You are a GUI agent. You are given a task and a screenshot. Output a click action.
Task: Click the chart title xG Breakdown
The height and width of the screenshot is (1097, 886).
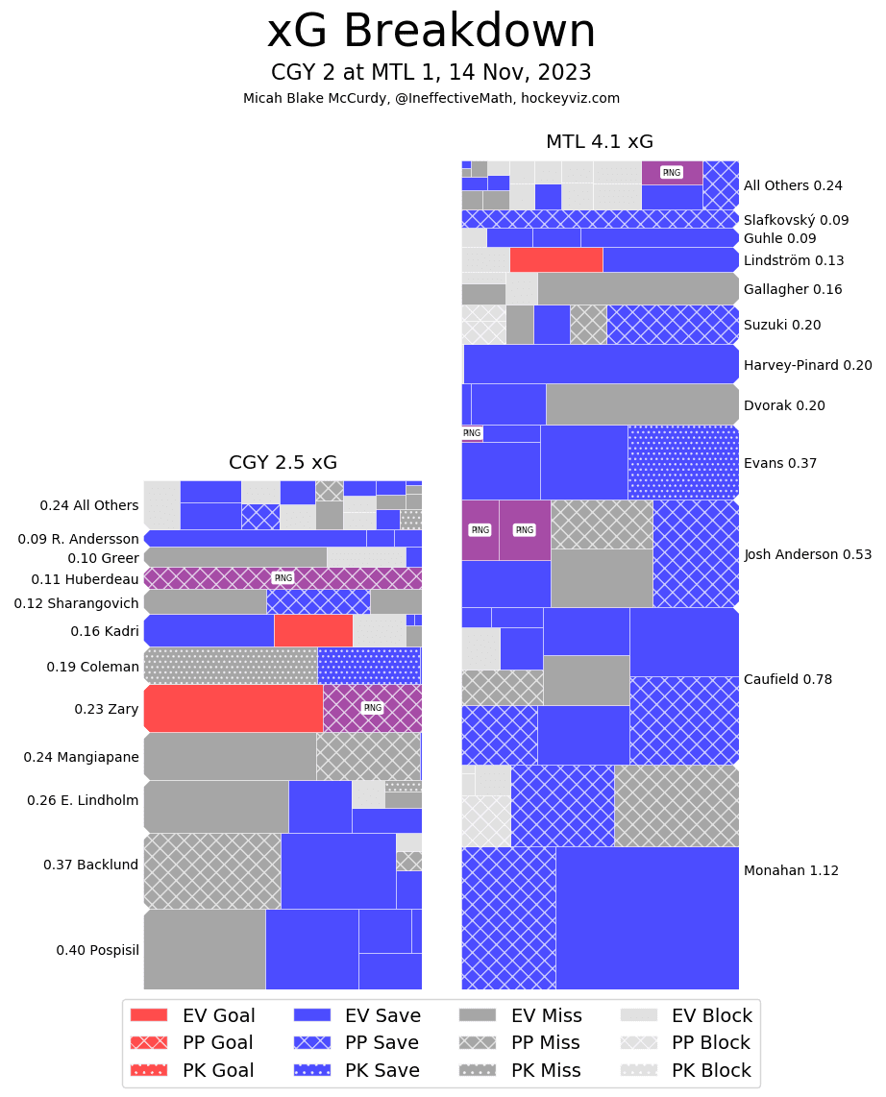[431, 33]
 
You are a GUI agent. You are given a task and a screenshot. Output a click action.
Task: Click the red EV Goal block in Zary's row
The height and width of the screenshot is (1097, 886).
[234, 709]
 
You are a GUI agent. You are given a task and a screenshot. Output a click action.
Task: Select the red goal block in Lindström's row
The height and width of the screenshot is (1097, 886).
[556, 259]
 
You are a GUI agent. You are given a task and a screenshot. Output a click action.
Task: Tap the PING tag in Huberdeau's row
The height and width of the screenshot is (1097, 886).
[283, 578]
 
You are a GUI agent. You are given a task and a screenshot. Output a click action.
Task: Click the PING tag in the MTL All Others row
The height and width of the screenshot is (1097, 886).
[672, 173]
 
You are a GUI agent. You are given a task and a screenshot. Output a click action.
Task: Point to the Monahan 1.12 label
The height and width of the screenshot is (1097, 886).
[791, 871]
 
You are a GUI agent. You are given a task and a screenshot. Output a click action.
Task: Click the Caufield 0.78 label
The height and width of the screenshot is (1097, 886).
[788, 680]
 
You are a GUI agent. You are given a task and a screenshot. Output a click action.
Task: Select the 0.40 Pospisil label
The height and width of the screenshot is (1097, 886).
[97, 951]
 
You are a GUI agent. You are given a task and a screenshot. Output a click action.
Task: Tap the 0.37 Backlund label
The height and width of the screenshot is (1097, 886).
[91, 865]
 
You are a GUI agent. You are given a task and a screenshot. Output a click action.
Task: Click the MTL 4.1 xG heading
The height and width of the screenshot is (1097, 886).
[600, 142]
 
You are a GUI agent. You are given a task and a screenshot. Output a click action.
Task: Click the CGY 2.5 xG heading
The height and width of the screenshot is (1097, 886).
[283, 463]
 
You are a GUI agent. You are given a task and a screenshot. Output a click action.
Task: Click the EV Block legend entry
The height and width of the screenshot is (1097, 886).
[686, 1016]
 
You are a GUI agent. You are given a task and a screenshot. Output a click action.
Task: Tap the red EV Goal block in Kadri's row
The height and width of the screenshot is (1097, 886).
[313, 630]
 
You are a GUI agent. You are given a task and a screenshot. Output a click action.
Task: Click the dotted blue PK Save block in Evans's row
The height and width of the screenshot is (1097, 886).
[683, 462]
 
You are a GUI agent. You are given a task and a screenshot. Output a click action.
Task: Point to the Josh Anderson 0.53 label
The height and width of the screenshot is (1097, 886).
[808, 555]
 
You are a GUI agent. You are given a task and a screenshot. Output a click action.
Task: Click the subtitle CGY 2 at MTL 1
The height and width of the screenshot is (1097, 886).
[431, 73]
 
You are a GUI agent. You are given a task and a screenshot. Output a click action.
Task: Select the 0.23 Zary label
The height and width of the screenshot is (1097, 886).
[107, 710]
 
